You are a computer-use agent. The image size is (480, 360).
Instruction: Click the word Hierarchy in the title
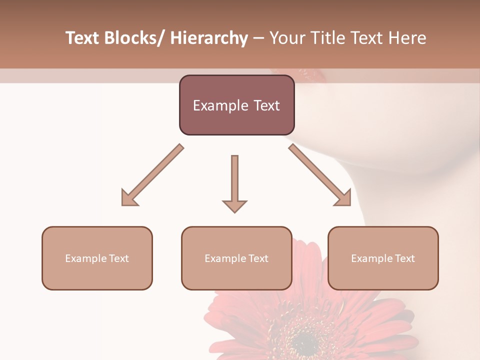click(x=209, y=38)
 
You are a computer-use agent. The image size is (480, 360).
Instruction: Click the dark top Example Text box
click(x=236, y=105)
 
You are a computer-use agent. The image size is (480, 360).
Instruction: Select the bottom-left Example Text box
click(x=97, y=258)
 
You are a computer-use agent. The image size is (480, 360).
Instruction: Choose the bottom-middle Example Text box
click(x=236, y=258)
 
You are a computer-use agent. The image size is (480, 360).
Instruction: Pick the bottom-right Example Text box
click(x=383, y=258)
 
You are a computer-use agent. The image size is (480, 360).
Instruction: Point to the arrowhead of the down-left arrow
click(x=129, y=198)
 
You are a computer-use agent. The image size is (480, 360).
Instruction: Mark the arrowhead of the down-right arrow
click(x=343, y=198)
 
